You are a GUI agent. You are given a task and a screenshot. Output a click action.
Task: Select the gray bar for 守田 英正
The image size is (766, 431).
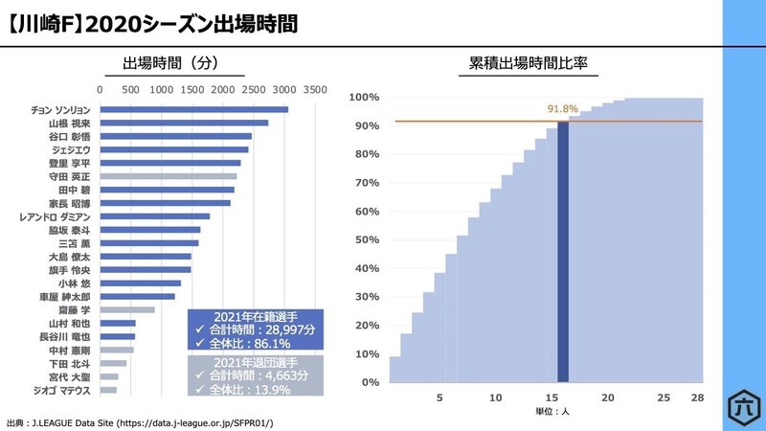(x=168, y=176)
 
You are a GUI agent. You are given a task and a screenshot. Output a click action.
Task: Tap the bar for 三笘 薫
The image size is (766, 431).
(x=148, y=242)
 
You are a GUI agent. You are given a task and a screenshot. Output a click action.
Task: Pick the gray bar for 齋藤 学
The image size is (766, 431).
(x=126, y=309)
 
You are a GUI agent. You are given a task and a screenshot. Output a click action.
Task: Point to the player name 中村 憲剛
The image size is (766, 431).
(x=70, y=350)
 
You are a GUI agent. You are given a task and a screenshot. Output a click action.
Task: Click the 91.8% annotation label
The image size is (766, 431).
(x=562, y=109)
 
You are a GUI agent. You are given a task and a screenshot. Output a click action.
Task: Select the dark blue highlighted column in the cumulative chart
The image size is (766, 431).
(x=563, y=251)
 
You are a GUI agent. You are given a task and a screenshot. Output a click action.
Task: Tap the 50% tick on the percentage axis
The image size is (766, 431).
(x=364, y=239)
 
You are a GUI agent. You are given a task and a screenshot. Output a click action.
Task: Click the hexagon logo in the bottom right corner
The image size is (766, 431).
(x=742, y=402)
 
